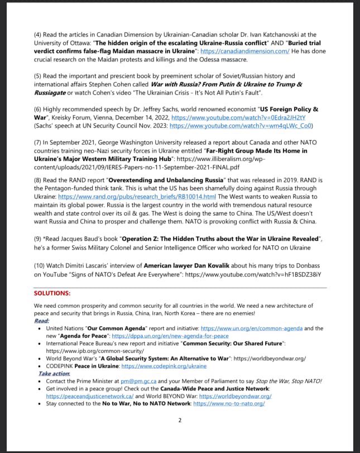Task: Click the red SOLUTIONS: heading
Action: point(52,293)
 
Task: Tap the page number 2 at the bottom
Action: point(180,420)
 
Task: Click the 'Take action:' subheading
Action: point(54,374)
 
